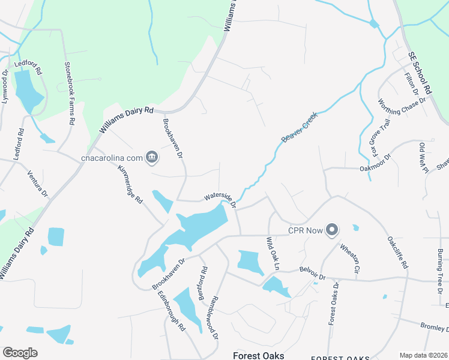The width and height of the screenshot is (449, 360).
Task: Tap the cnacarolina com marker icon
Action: coord(152,158)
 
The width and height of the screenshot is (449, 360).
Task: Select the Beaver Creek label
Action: coord(299,127)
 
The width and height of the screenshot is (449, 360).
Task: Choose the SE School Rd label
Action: coord(420,71)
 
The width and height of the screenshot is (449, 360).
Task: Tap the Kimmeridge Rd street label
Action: coord(131,184)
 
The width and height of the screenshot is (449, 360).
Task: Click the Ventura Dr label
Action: coord(37,184)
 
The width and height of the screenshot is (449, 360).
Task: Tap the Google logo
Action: coord(20,353)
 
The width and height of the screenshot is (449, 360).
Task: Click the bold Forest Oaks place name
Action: coord(259,356)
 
